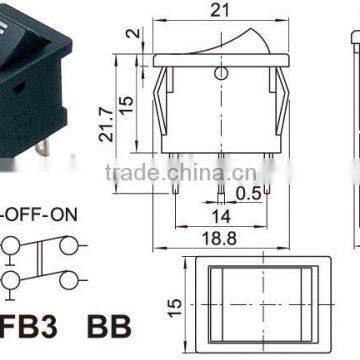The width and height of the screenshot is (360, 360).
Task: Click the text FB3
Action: [27, 327]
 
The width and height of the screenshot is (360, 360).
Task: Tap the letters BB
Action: [109, 327]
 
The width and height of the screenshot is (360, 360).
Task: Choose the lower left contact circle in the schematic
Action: [11, 279]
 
